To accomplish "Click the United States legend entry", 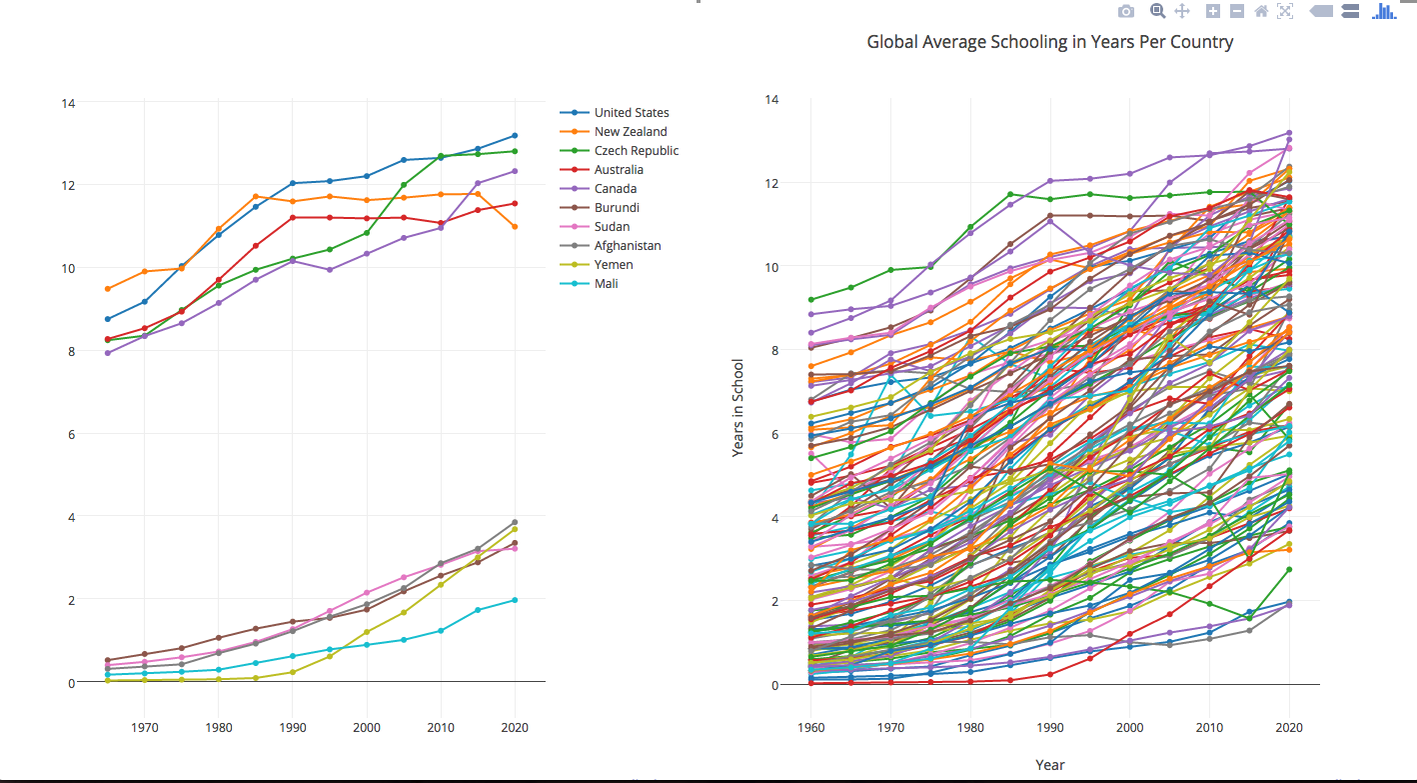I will pos(631,113).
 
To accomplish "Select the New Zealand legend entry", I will pos(630,132).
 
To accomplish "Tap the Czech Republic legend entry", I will pos(636,151).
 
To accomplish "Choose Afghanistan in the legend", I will pos(627,246).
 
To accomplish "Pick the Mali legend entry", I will pos(607,284).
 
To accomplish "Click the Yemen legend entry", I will pos(613,265).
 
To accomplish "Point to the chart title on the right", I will pos(1049,42).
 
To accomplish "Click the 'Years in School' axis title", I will pos(738,407).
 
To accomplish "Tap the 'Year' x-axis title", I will pos(1049,765).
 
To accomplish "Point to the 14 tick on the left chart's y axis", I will pos(69,103).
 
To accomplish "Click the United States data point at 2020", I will pos(515,135).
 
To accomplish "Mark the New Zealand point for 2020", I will pos(515,227).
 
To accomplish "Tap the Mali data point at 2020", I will pos(515,600).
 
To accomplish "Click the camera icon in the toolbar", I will pos(1126,11).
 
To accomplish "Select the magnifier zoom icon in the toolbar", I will pos(1158,11).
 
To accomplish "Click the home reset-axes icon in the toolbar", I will pos(1261,11).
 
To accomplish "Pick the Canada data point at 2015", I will pos(478,183).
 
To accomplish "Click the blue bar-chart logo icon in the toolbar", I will pos(1384,11).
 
